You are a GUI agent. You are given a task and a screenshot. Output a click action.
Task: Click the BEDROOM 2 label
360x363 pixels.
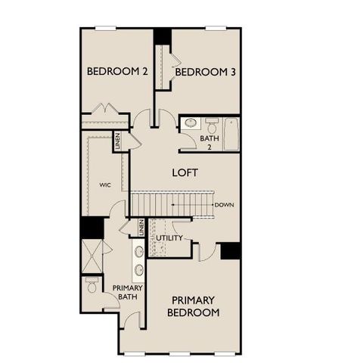click(116, 72)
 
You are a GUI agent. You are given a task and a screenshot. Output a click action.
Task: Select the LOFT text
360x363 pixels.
click(185, 172)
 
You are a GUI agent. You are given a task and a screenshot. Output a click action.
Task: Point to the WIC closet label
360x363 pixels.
click(106, 184)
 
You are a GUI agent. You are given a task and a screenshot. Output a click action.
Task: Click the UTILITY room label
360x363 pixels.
click(169, 238)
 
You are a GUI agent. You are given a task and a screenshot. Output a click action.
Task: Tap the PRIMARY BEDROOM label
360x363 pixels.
click(194, 306)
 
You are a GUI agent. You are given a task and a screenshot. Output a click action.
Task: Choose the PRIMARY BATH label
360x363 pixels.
click(126, 292)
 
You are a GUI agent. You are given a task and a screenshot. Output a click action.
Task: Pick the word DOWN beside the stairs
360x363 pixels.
click(224, 205)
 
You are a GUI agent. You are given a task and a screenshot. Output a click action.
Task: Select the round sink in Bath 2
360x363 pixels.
click(191, 123)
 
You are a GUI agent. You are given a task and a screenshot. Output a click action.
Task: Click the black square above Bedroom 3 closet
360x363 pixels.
click(163, 36)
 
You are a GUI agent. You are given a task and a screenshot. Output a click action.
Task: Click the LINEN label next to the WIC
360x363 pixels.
click(117, 141)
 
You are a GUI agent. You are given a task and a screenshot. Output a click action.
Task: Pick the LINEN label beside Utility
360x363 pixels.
click(141, 227)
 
